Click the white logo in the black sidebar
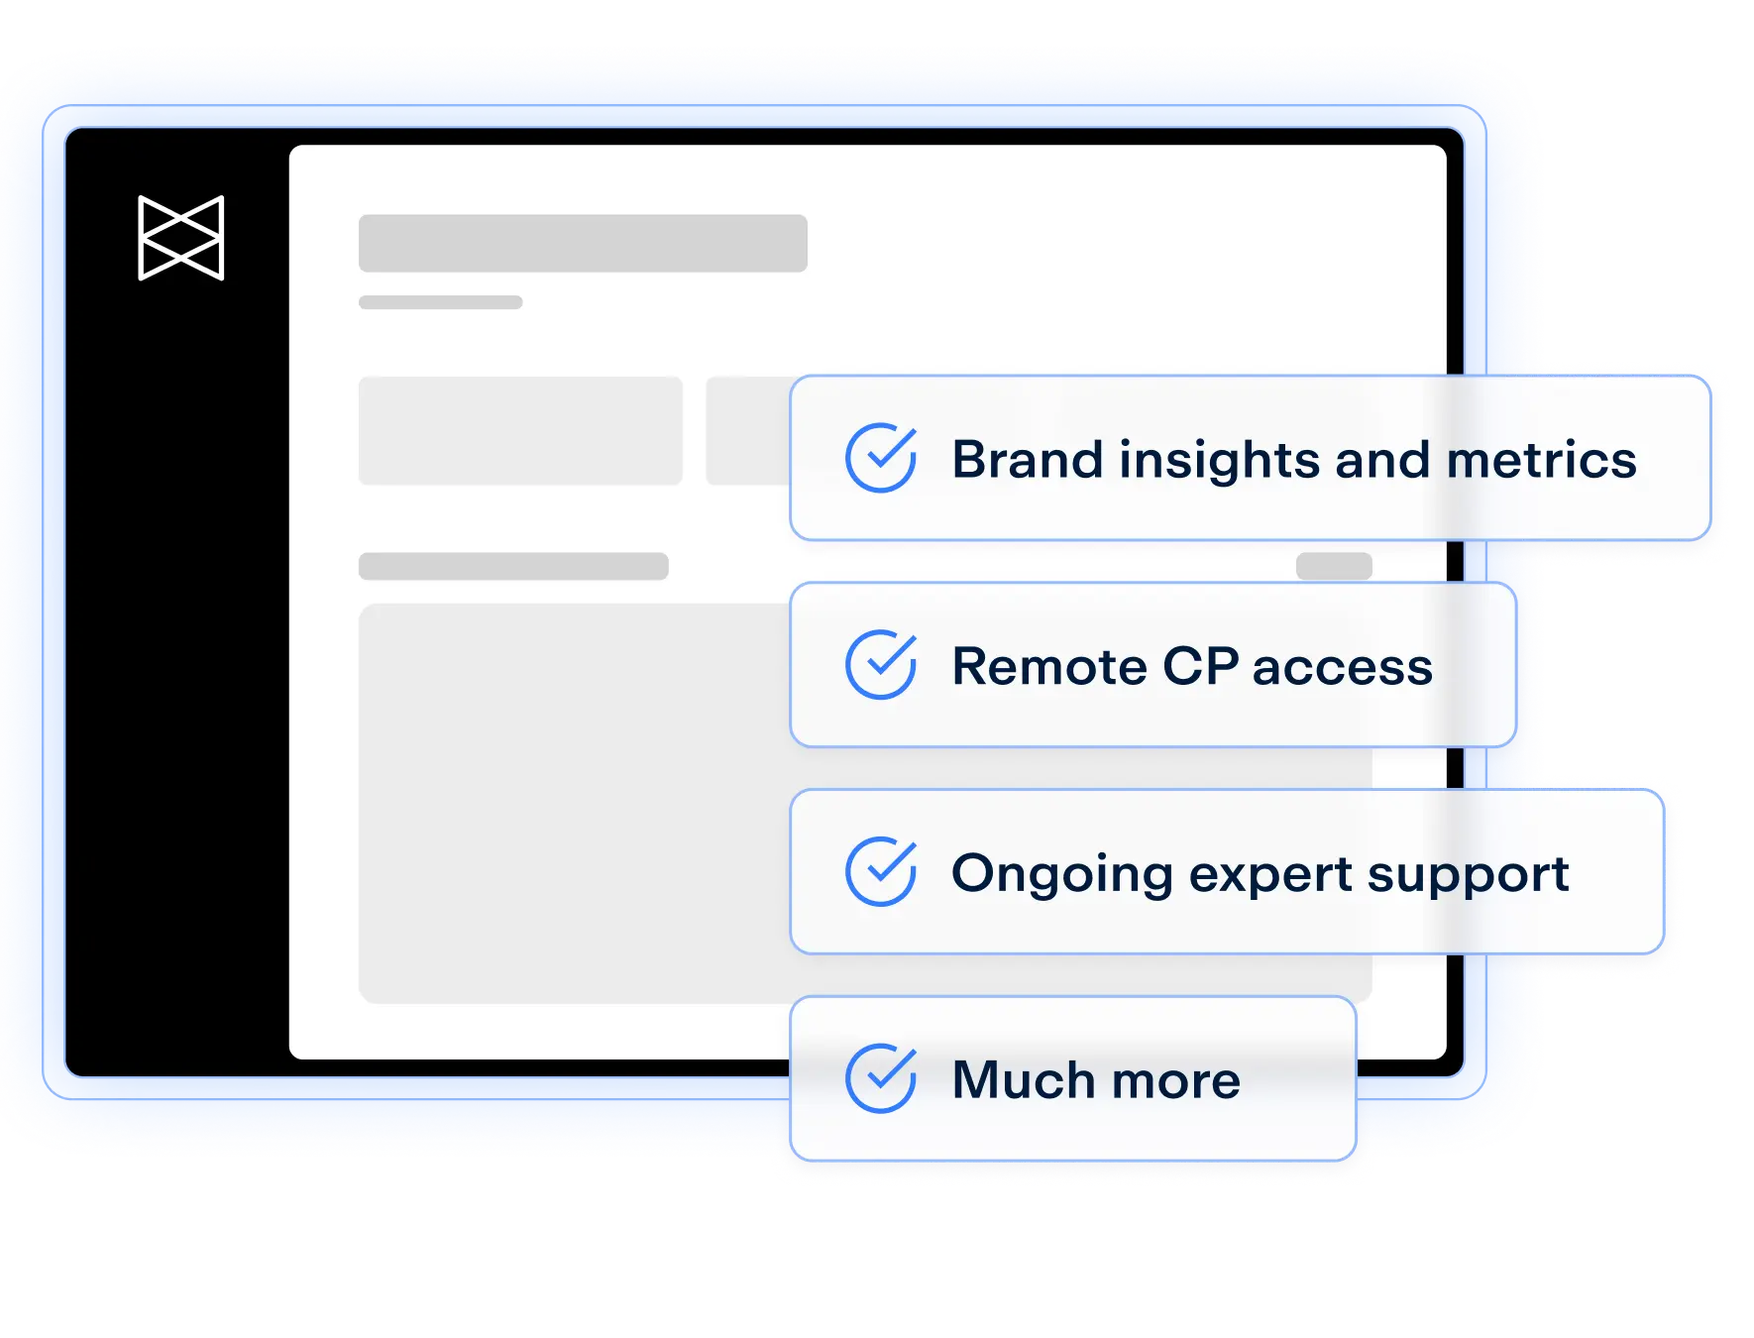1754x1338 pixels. [x=181, y=238]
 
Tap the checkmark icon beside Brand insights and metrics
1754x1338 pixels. [x=881, y=457]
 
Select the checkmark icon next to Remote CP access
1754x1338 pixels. [x=881, y=664]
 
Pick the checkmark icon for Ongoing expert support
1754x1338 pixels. [x=881, y=871]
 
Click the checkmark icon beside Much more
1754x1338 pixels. [x=881, y=1077]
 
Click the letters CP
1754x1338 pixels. [x=1200, y=666]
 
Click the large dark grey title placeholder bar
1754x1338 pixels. [x=583, y=243]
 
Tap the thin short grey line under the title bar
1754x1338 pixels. [x=441, y=302]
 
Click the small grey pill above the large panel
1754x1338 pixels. [x=1334, y=566]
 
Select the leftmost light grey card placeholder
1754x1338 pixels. [x=520, y=430]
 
